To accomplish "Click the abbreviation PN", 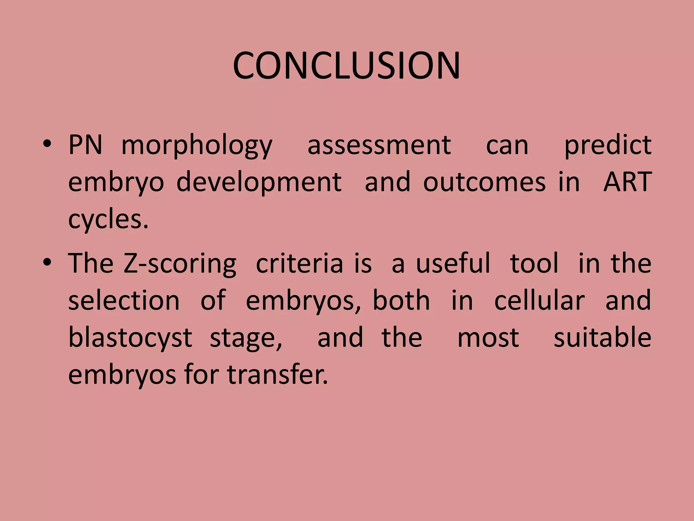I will [85, 145].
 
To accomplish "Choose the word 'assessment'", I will [379, 145].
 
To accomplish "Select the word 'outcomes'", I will [484, 182].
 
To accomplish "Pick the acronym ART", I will [627, 182].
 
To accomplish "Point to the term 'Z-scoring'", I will [180, 265].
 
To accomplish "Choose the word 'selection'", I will [124, 301].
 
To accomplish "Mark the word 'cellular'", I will [539, 301].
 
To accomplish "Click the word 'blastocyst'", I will [130, 338].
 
